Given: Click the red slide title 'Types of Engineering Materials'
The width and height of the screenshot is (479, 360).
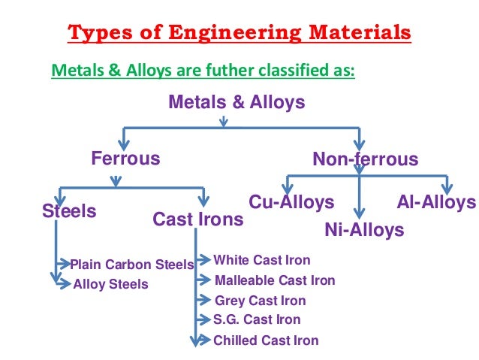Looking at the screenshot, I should tap(239, 34).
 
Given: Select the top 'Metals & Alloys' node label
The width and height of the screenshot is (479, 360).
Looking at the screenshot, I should tap(236, 102).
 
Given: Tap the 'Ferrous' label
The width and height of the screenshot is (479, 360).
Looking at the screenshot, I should tap(125, 159).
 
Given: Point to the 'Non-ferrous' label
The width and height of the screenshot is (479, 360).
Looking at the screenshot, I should tap(365, 160).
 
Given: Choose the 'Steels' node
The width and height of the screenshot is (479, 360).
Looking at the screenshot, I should tap(69, 211).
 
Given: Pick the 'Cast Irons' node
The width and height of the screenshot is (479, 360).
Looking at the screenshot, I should tap(197, 219).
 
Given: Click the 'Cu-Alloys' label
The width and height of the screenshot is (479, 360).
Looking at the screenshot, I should tap(291, 202).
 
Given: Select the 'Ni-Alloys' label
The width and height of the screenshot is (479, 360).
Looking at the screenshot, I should tap(364, 230).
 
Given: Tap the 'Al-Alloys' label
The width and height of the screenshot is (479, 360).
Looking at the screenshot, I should tap(436, 202).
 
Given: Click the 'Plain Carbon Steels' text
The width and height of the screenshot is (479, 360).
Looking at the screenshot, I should tap(131, 265).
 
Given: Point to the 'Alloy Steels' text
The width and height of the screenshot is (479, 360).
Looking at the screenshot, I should tap(110, 284).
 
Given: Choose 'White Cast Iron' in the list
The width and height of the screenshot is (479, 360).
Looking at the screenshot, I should tap(261, 261).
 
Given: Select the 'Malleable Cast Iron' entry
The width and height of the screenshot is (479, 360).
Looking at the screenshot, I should tap(275, 281).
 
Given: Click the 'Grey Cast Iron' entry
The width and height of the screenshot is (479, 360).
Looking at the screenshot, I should tap(260, 301).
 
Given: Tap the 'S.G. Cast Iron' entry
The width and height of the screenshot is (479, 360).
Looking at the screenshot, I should tap(257, 319).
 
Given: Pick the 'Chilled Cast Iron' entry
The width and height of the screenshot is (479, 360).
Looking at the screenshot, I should tap(266, 340).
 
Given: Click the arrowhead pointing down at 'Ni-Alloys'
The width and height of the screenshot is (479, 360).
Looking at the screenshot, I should tap(360, 213).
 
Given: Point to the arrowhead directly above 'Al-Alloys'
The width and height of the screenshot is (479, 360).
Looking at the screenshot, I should tap(446, 188).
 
